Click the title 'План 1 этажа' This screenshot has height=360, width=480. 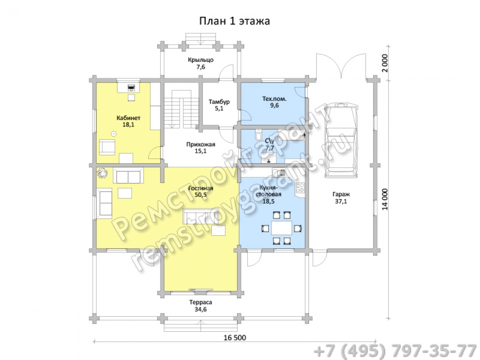(235, 21)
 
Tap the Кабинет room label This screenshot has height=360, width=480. (129, 118)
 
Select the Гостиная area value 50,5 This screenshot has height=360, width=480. (201, 195)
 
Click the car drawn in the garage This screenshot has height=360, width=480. (341, 140)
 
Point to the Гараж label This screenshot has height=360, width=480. (341, 194)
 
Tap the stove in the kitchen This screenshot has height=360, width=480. (300, 188)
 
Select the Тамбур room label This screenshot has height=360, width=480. (219, 102)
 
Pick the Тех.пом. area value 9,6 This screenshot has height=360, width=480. (275, 106)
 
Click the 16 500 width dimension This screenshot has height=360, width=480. (235, 337)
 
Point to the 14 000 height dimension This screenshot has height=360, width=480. (385, 199)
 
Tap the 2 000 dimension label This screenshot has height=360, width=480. (385, 63)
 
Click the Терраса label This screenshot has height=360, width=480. (201, 302)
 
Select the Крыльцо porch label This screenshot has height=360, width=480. (201, 60)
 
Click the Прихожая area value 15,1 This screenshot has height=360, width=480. (201, 151)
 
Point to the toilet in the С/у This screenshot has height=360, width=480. (258, 135)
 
